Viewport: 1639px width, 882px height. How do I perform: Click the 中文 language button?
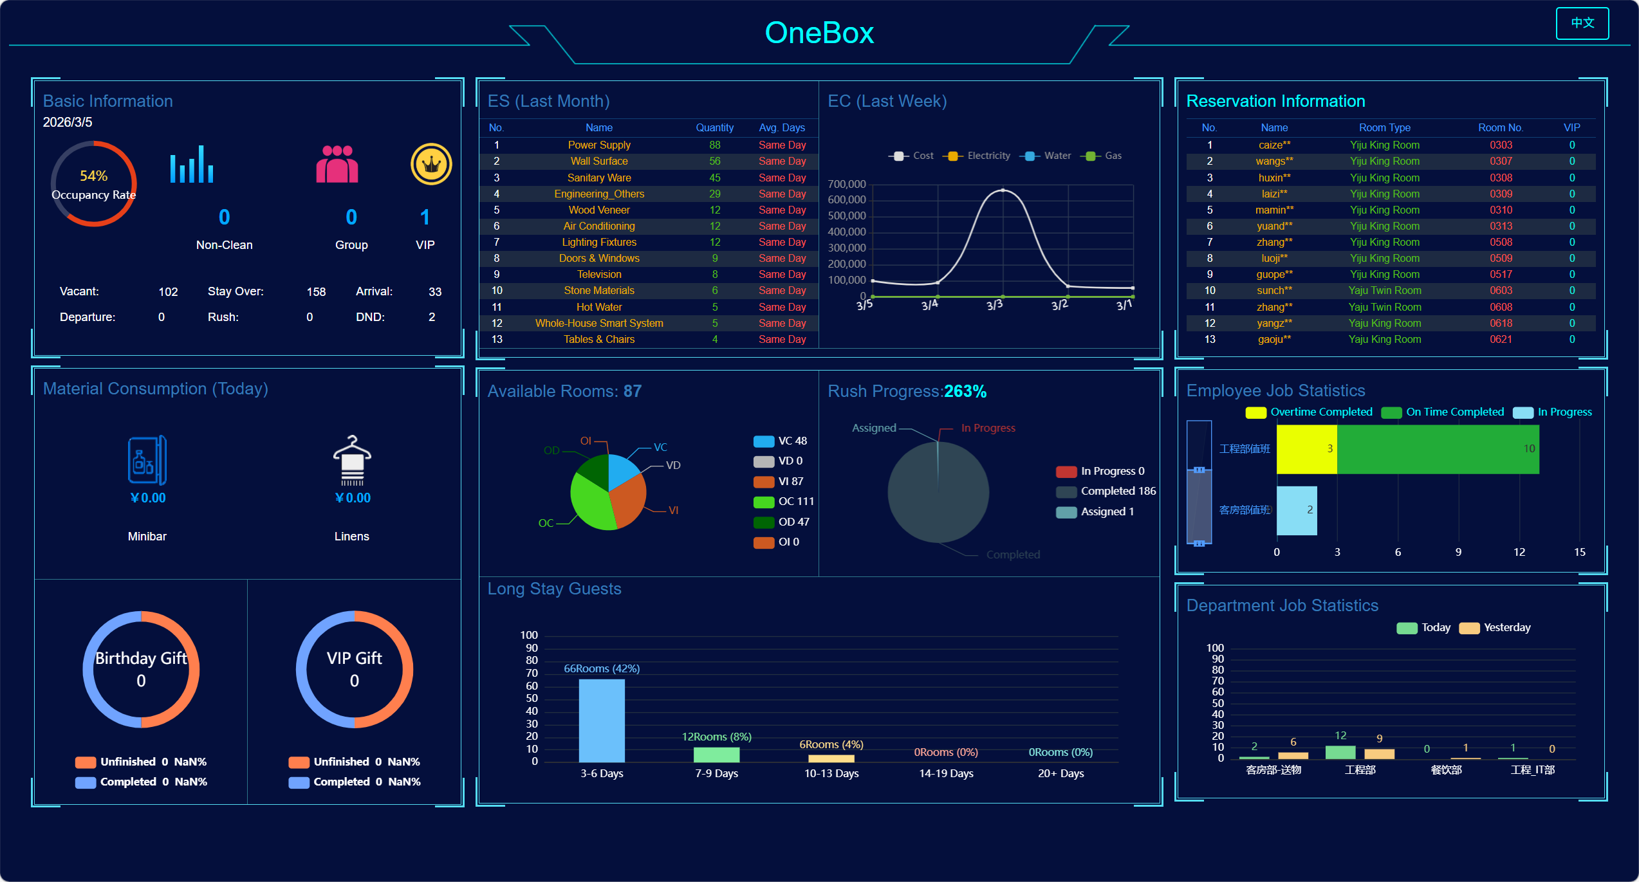[x=1582, y=23]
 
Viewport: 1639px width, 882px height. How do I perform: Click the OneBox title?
[x=819, y=33]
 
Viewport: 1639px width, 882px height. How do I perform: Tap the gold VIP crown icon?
[x=431, y=164]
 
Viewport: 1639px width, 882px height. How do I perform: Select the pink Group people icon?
[x=337, y=164]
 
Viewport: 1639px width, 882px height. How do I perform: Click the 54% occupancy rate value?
[x=93, y=176]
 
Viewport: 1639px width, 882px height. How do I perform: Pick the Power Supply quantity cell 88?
[x=714, y=145]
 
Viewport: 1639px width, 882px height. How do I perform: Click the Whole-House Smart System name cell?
[x=598, y=323]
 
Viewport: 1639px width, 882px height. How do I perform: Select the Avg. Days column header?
[x=781, y=127]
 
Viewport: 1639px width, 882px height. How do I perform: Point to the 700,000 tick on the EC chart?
[x=847, y=185]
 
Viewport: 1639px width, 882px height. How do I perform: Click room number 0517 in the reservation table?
[x=1500, y=275]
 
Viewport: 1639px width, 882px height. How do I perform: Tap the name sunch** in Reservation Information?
[x=1273, y=291]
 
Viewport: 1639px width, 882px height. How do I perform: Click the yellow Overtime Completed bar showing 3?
[x=1306, y=449]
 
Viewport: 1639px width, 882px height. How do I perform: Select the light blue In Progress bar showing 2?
[x=1296, y=510]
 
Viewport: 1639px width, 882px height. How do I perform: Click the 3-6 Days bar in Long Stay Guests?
[x=601, y=721]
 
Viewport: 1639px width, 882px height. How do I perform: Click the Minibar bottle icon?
[x=147, y=461]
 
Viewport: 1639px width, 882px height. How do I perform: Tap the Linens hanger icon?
[x=352, y=461]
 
